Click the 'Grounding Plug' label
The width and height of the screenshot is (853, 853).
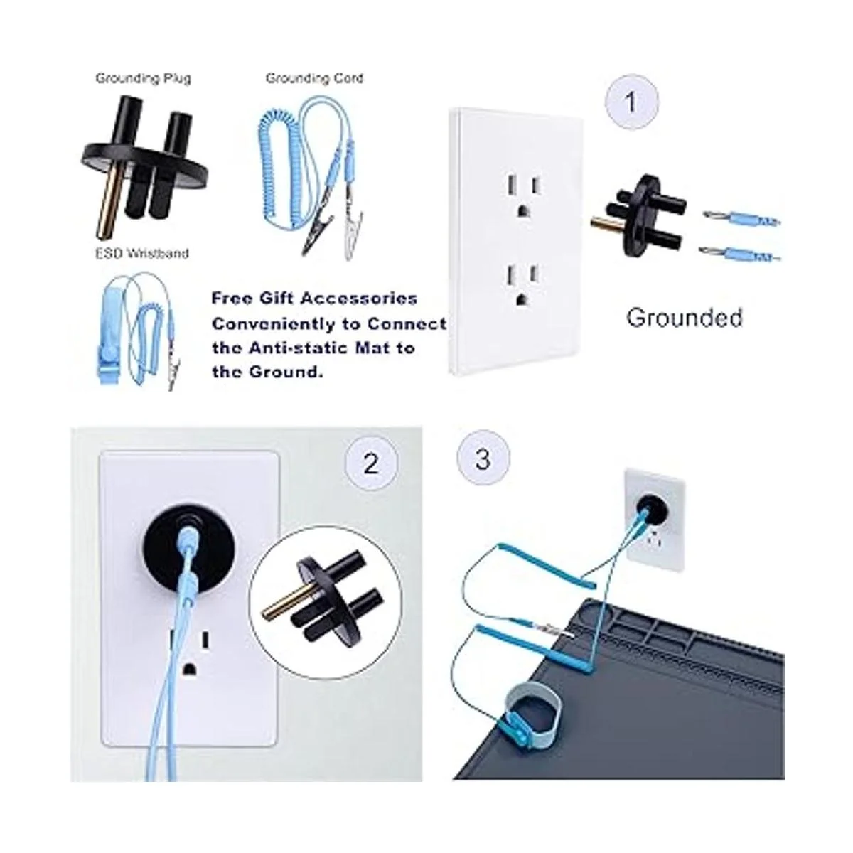pos(143,79)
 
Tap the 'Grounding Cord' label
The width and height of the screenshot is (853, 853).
pos(314,79)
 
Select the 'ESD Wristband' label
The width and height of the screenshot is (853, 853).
pos(142,253)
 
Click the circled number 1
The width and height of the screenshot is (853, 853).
pos(632,102)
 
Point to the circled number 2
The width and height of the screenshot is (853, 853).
pos(371,463)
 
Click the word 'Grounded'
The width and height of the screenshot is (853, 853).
pos(685,318)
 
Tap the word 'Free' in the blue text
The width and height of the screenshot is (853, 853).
pos(231,298)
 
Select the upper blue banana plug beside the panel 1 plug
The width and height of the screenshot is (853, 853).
pos(741,218)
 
